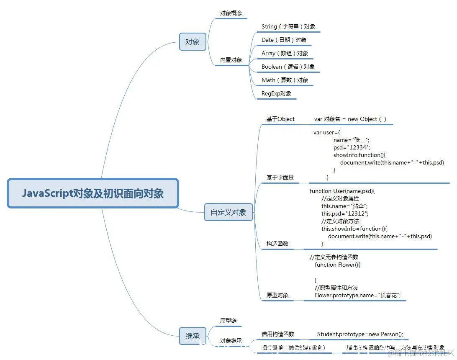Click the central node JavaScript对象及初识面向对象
[x=93, y=193]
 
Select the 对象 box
[x=193, y=42]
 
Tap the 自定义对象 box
[x=228, y=212]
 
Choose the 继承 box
[x=193, y=336]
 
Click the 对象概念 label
[x=231, y=13]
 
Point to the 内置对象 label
[x=231, y=60]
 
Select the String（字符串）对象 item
[x=288, y=26]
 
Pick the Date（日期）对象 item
[x=284, y=40]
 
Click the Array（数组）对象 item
[x=285, y=53]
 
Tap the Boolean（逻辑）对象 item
[x=288, y=67]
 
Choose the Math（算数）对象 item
[x=285, y=80]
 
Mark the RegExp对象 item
[x=276, y=93]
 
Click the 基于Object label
[x=280, y=119]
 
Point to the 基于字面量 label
[x=280, y=177]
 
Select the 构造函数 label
[x=277, y=244]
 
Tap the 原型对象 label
[x=277, y=295]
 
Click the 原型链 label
[x=228, y=321]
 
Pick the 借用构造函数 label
[x=278, y=334]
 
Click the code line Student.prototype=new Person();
[x=360, y=334]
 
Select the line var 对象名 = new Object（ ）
[x=350, y=119]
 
